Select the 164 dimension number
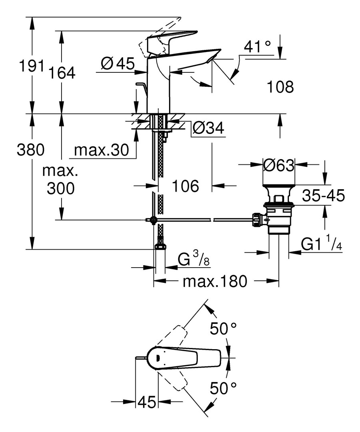click(62, 73)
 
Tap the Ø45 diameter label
click(117, 63)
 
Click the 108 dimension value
click(280, 87)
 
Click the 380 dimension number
click(30, 150)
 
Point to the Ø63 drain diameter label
click(279, 164)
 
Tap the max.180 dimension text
click(212, 282)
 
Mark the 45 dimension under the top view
click(147, 402)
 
